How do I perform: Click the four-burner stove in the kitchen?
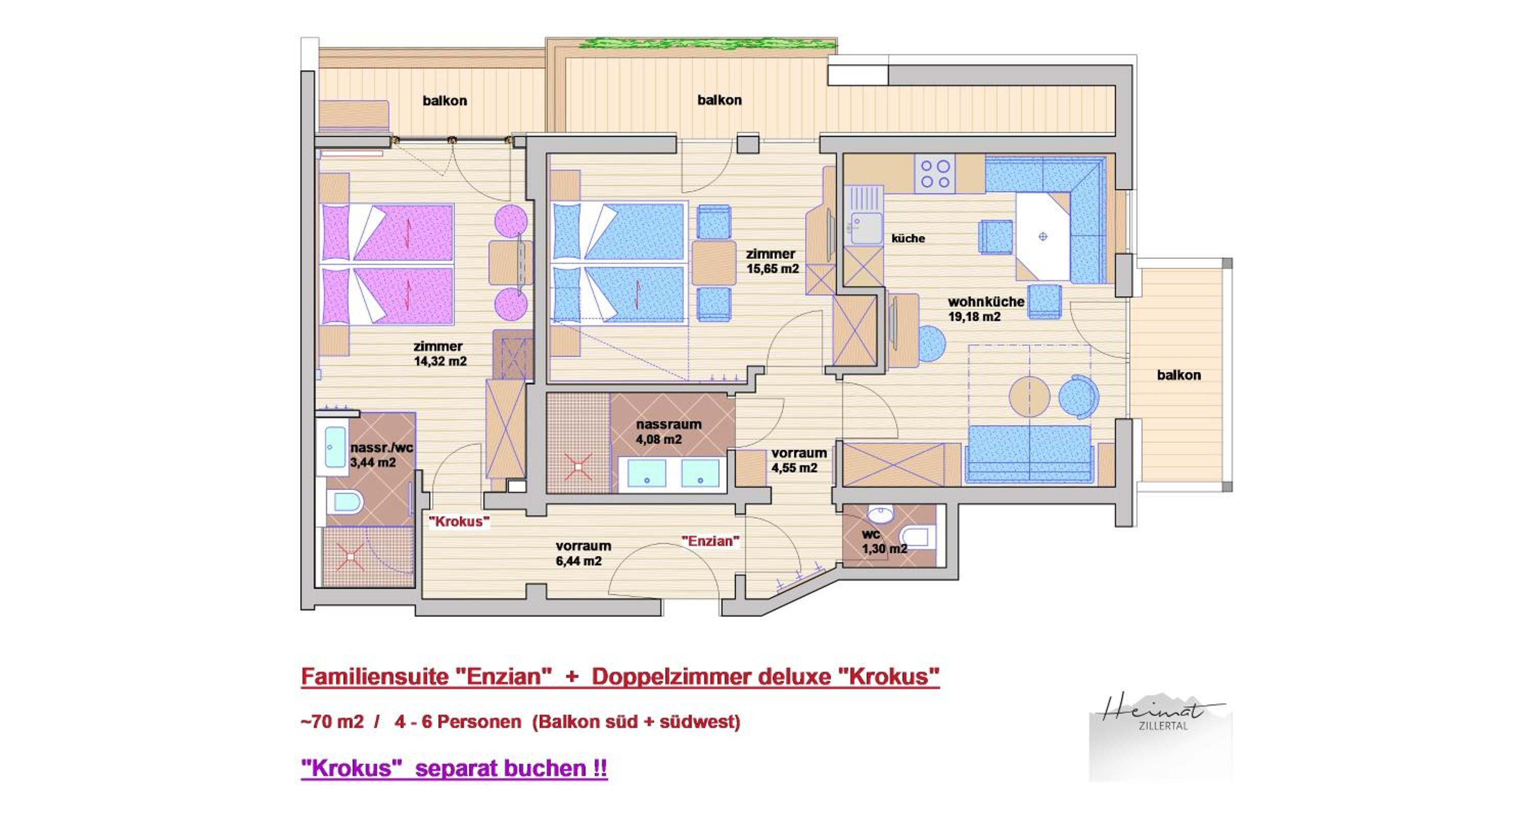(x=936, y=173)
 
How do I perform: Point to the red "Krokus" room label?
(x=459, y=521)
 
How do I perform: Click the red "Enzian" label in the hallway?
(x=711, y=541)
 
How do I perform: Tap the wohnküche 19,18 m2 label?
(x=986, y=309)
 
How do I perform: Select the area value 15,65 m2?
(x=773, y=268)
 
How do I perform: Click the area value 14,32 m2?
(x=440, y=361)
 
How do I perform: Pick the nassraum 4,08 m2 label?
(x=668, y=431)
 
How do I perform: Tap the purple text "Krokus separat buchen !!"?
(x=454, y=768)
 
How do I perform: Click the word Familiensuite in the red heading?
(x=375, y=677)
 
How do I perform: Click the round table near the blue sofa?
(x=1029, y=396)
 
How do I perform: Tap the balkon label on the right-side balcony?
(x=1179, y=375)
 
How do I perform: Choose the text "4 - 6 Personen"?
(x=458, y=722)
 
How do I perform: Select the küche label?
(x=908, y=238)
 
